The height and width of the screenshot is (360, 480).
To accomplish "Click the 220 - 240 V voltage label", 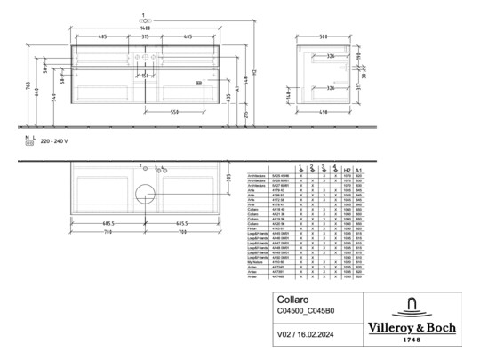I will (54, 141).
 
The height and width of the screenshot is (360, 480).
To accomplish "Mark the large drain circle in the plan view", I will (145, 192).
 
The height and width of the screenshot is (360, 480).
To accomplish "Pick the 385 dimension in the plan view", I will (229, 178).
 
